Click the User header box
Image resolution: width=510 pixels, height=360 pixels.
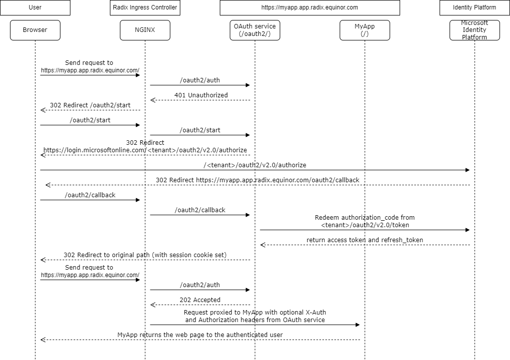click(35, 7)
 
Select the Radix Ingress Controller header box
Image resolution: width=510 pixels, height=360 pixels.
click(145, 7)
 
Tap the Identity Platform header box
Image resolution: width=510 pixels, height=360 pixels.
click(475, 7)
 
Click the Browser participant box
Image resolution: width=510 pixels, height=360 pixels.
click(35, 30)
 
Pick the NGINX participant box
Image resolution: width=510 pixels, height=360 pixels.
click(145, 30)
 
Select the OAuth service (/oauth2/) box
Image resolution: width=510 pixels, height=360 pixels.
click(255, 30)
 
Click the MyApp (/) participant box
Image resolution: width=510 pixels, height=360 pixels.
click(365, 30)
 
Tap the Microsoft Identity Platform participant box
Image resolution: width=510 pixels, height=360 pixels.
click(475, 30)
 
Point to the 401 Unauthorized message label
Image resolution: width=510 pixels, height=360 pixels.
click(201, 95)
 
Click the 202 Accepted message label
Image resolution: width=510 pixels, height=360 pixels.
click(200, 300)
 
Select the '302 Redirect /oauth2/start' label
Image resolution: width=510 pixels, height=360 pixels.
click(90, 105)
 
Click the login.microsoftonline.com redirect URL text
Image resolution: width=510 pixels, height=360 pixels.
click(145, 150)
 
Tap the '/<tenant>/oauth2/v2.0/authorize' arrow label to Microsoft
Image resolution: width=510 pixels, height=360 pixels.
click(255, 165)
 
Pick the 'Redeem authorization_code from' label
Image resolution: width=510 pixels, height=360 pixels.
click(365, 218)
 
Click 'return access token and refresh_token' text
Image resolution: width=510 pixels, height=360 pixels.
click(365, 240)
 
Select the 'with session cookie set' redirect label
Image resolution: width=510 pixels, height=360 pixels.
click(145, 255)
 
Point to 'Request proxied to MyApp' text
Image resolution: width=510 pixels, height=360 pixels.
click(255, 312)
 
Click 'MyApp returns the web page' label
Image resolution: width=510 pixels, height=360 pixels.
click(200, 335)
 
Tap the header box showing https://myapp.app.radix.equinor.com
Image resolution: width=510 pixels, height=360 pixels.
click(310, 7)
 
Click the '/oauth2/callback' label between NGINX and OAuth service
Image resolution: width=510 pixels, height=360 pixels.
click(200, 210)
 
